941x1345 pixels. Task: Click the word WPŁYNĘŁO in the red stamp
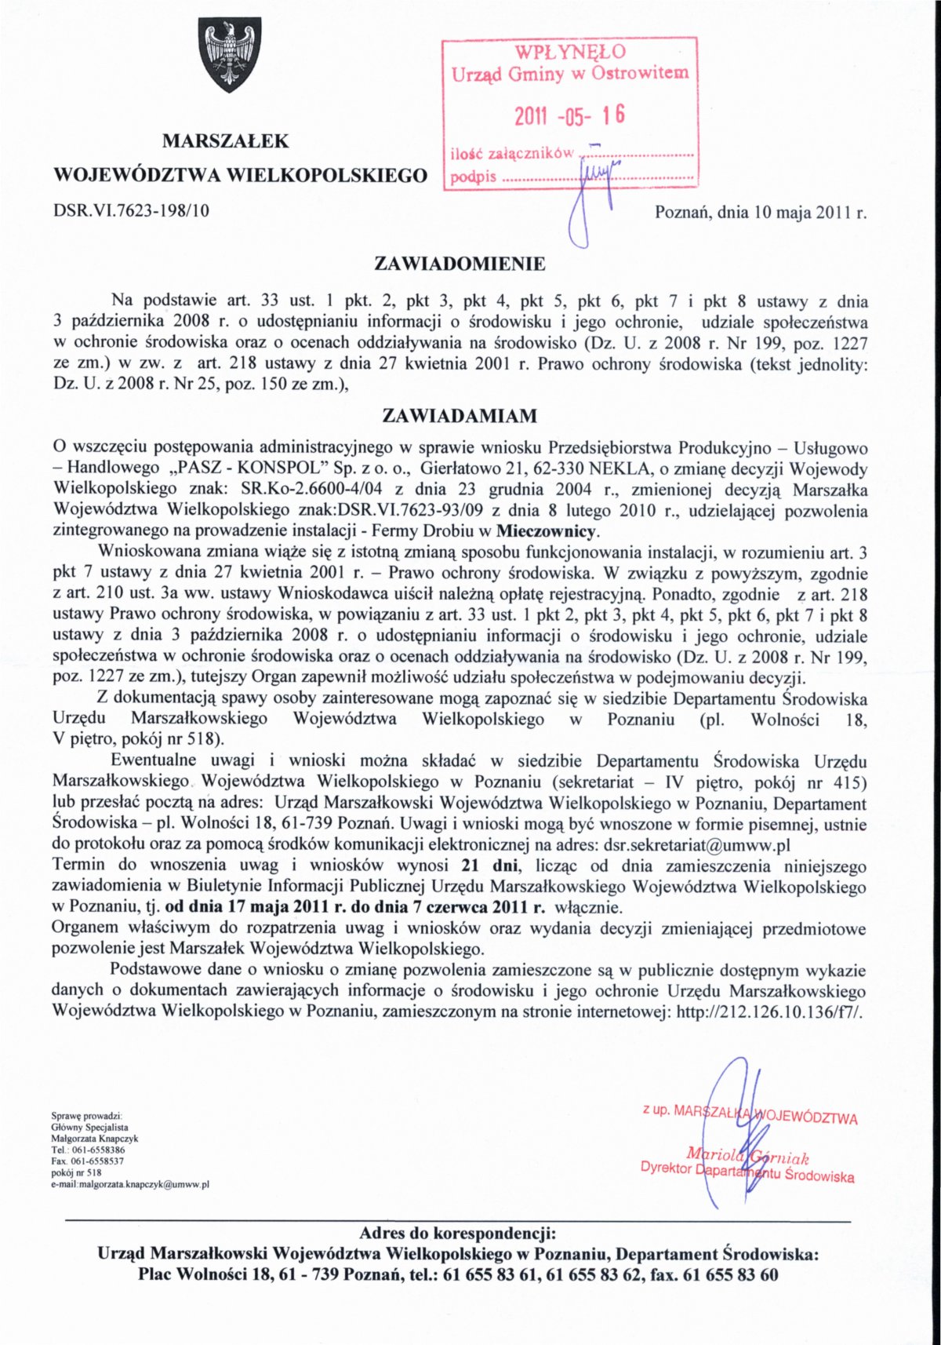click(x=570, y=52)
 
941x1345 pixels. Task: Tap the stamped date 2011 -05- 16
click(x=569, y=116)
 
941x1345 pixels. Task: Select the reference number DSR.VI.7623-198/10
click(x=131, y=210)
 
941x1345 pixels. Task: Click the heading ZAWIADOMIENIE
click(x=460, y=264)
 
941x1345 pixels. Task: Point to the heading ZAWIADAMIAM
click(x=460, y=415)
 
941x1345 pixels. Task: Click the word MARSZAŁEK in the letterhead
click(x=226, y=141)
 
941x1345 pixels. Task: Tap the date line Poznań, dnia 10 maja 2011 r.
click(x=761, y=212)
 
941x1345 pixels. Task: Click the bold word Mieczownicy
click(x=548, y=532)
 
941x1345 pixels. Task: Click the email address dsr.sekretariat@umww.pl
click(x=696, y=845)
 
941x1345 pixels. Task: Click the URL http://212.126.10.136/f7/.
click(x=769, y=1011)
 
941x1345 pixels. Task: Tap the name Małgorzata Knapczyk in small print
click(x=95, y=1139)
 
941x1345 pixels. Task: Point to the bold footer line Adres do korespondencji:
click(x=458, y=1233)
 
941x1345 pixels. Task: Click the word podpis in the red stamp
click(x=473, y=176)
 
